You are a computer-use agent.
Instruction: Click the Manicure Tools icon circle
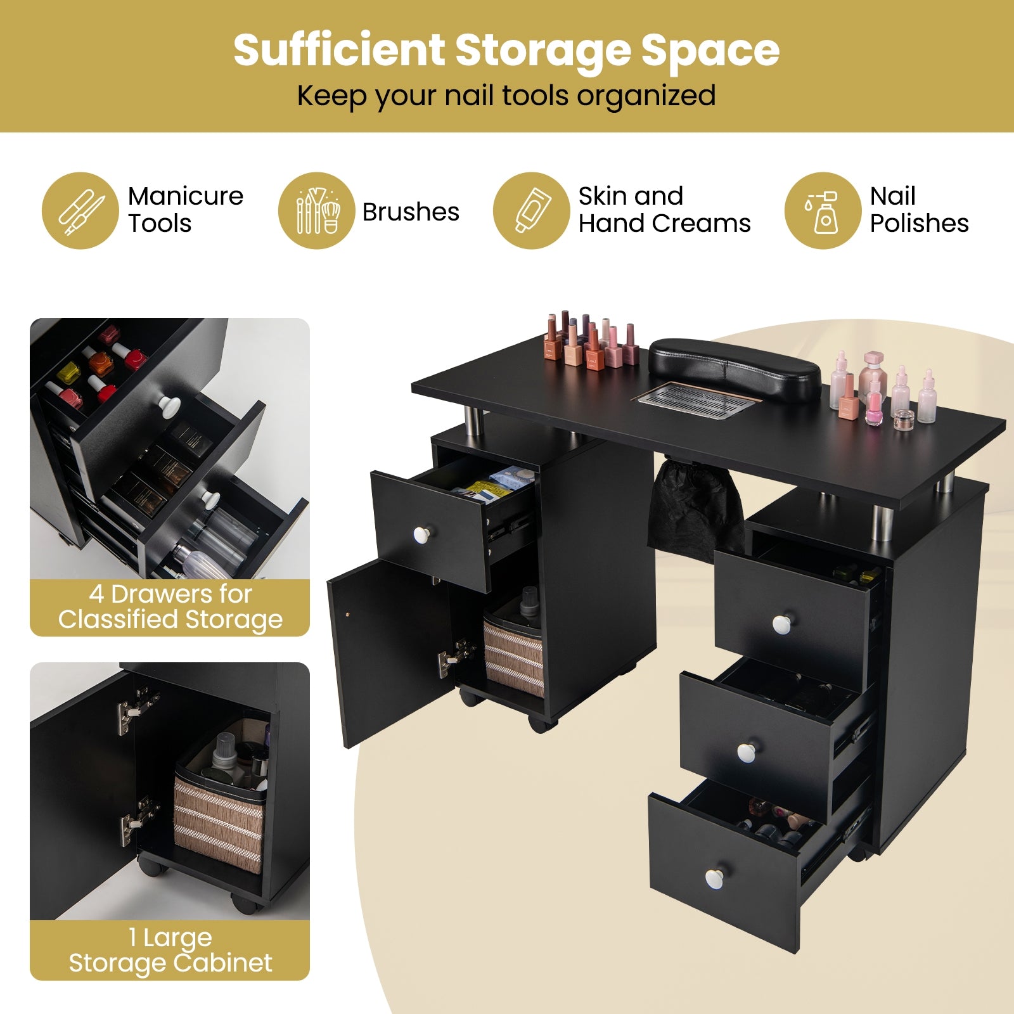tap(80, 210)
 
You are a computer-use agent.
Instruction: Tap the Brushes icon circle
tap(316, 210)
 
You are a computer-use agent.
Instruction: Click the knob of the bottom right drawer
tap(714, 878)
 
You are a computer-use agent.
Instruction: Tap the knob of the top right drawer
tap(781, 624)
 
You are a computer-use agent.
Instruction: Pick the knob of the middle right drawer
tap(747, 752)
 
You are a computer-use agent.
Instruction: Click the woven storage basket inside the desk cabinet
tap(513, 656)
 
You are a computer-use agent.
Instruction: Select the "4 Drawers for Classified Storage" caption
tap(170, 607)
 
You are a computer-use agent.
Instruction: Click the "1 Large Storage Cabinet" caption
tap(170, 950)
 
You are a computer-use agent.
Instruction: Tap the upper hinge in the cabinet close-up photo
tap(136, 710)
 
